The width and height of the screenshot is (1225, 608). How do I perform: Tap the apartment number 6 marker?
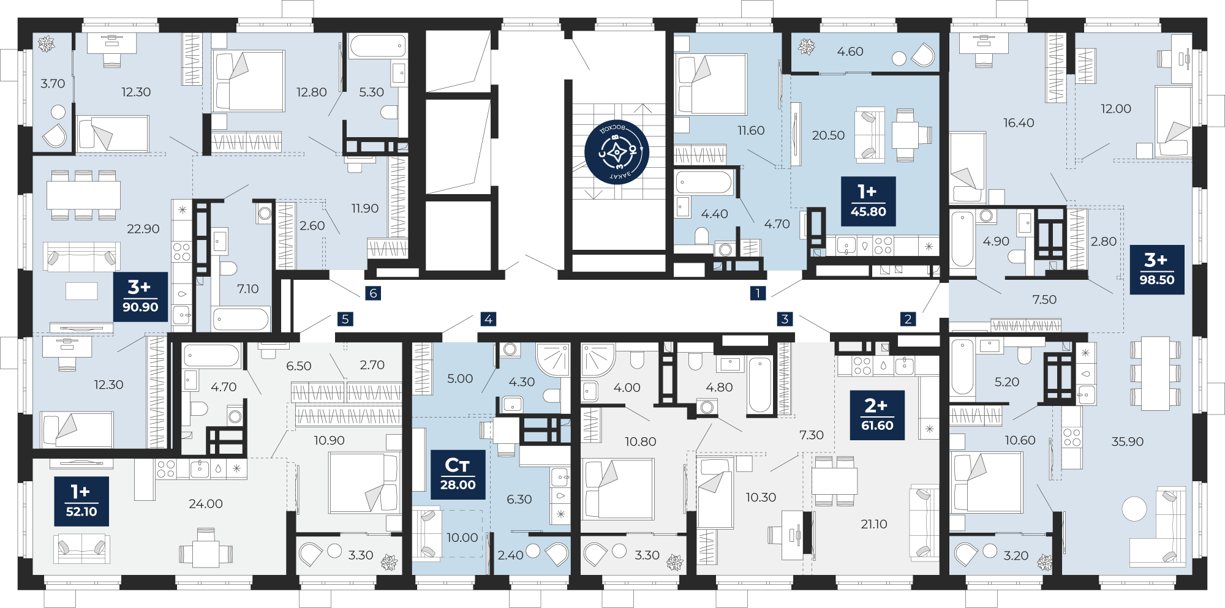pyautogui.click(x=373, y=293)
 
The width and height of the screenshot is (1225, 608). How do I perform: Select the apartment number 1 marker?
pyautogui.click(x=758, y=293)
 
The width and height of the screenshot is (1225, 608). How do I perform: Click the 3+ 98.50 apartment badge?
pyautogui.click(x=1157, y=269)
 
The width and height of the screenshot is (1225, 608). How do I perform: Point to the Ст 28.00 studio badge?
pyautogui.click(x=458, y=475)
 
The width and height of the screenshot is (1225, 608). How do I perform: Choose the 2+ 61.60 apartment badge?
pyautogui.click(x=877, y=415)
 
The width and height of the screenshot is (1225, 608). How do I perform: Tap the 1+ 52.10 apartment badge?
pyautogui.click(x=81, y=501)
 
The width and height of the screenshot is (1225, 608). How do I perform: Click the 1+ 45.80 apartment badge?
pyautogui.click(x=869, y=201)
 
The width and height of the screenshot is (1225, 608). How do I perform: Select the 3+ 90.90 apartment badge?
pyautogui.click(x=140, y=297)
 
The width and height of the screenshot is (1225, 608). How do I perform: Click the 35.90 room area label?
pyautogui.click(x=1128, y=441)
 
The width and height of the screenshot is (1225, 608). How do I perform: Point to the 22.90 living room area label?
pyautogui.click(x=143, y=229)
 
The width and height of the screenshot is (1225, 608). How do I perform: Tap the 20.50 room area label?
pyautogui.click(x=828, y=135)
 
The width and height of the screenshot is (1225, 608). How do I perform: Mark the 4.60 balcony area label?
pyautogui.click(x=850, y=52)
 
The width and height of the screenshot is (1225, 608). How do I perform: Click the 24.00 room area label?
pyautogui.click(x=206, y=504)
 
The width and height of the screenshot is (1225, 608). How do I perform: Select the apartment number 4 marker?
pyautogui.click(x=488, y=319)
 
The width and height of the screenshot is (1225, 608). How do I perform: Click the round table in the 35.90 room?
pyautogui.click(x=1134, y=509)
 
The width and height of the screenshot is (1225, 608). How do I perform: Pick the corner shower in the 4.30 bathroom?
pyautogui.click(x=553, y=359)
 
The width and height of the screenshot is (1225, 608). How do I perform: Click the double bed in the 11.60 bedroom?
pyautogui.click(x=710, y=84)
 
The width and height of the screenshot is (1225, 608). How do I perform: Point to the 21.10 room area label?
pyautogui.click(x=874, y=524)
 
